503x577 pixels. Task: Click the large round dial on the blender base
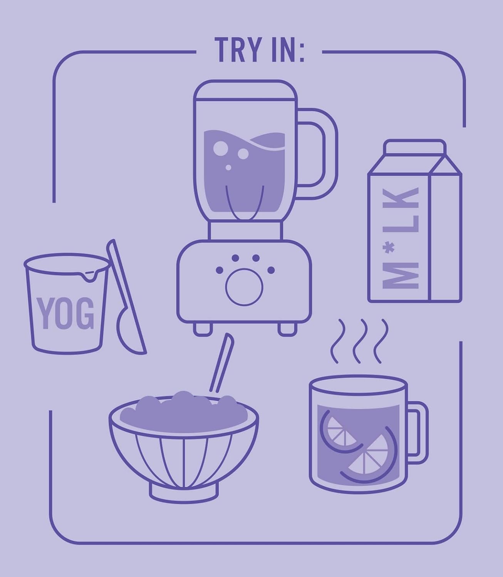244,287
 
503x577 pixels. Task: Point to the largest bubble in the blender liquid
220,148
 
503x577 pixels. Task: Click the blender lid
245,90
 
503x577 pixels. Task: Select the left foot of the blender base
203,329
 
